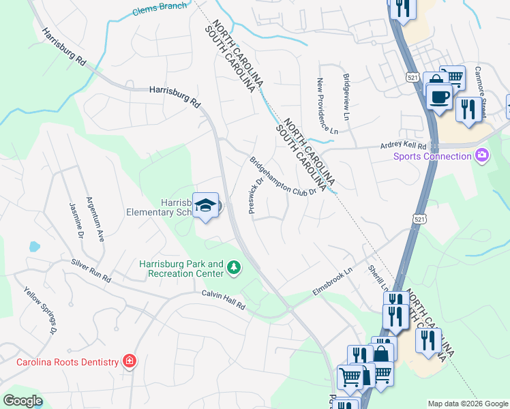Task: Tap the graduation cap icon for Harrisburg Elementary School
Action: tap(205, 205)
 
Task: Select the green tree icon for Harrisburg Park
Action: tap(234, 267)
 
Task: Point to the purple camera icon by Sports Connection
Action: tap(482, 156)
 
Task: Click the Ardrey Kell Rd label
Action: tap(403, 146)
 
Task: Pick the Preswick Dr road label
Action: tap(256, 196)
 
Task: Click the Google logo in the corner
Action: tap(23, 400)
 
